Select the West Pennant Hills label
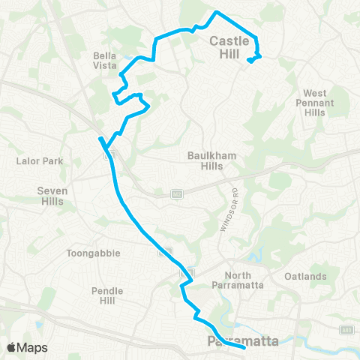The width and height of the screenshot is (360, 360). [x=315, y=102]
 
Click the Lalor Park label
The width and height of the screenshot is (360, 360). [x=32, y=160]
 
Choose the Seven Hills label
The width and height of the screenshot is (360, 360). [x=52, y=196]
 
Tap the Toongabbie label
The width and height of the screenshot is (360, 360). [x=93, y=253]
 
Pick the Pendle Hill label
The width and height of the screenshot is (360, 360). [x=102, y=295]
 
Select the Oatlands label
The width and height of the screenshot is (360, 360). [x=305, y=277]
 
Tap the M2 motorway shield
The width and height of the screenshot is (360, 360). [x=177, y=193]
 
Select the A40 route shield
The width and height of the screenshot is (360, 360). [x=346, y=328]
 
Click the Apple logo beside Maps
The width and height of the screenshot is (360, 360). [x=12, y=347]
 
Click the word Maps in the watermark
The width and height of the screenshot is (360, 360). [x=32, y=347]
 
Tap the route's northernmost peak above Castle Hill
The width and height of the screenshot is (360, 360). [x=217, y=12]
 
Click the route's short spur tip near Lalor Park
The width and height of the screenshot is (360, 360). [x=100, y=138]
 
